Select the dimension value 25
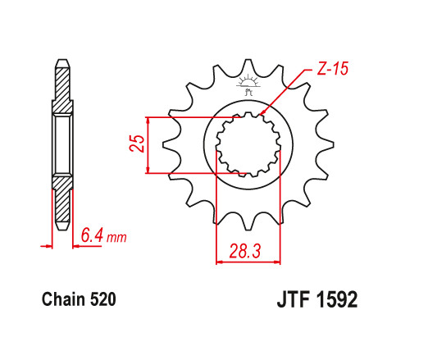(x=139, y=144)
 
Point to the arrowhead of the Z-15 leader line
(x=260, y=114)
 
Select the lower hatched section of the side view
(x=62, y=201)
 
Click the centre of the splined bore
(x=247, y=145)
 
